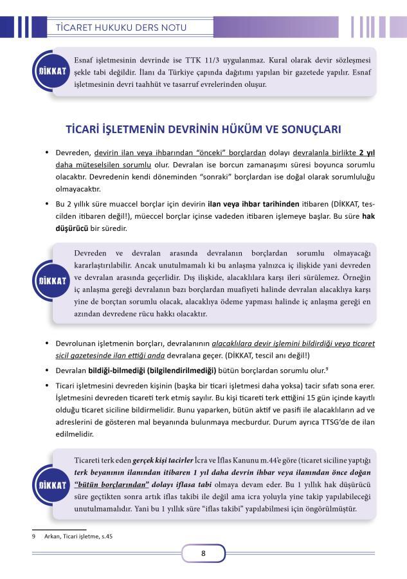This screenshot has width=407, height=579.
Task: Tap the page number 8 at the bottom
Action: coord(203,553)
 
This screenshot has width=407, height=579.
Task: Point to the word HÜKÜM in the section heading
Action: coord(237,129)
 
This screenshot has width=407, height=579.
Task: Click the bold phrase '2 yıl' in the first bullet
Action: coord(366,154)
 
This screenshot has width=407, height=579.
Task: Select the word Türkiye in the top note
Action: coord(210,71)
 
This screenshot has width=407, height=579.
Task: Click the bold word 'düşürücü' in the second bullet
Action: coord(73,228)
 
